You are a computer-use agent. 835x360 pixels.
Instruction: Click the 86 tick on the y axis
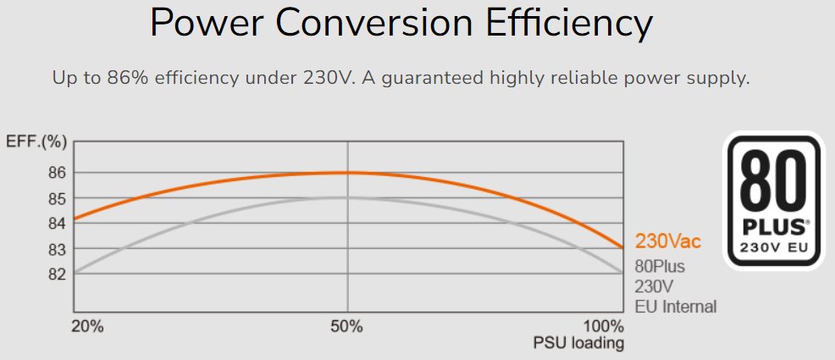(x=56, y=173)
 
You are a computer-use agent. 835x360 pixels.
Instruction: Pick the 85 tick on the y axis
(x=56, y=198)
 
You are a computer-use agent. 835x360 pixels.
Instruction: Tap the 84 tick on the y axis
(x=56, y=224)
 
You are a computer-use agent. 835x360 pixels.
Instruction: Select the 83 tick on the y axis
(x=56, y=249)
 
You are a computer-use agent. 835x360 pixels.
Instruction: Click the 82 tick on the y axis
(x=56, y=274)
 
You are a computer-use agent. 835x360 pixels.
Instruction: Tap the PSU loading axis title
(x=578, y=343)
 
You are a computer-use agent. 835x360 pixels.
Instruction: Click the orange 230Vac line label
(x=668, y=242)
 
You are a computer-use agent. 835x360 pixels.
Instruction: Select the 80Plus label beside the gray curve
(x=660, y=267)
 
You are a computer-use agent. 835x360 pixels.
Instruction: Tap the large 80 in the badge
(x=775, y=184)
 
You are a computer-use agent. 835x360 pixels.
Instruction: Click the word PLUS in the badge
(x=772, y=227)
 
